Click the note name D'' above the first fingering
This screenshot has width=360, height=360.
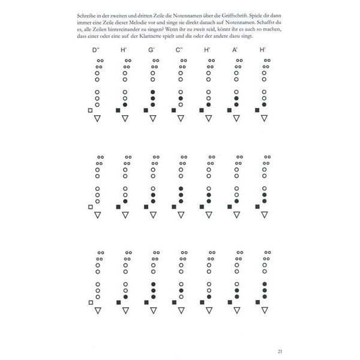(96, 50)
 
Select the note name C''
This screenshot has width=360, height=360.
(179, 50)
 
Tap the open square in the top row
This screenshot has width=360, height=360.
(90, 111)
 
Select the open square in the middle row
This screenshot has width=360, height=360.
(90, 207)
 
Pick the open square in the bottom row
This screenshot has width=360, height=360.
(90, 303)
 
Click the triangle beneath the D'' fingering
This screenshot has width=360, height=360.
(97, 119)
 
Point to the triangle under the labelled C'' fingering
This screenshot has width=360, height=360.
(181, 119)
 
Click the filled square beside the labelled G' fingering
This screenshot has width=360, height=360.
(146, 111)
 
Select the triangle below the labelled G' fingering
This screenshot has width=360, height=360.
(153, 119)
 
